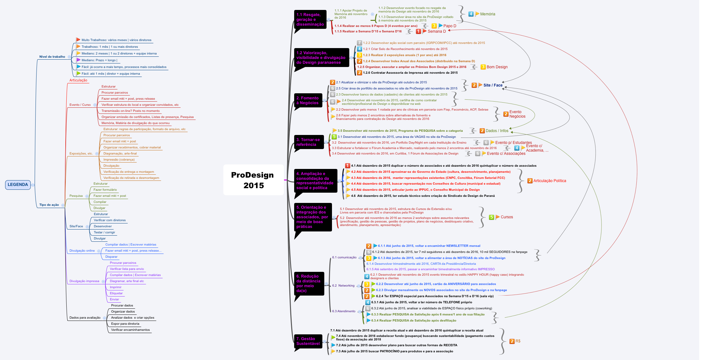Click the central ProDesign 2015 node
click(x=253, y=180)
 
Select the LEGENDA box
click(x=18, y=185)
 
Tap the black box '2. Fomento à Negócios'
click(x=308, y=100)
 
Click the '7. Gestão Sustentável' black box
click(x=308, y=341)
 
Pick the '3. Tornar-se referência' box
click(x=308, y=142)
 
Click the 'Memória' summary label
click(x=487, y=14)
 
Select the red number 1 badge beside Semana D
click(x=418, y=31)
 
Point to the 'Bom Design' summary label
click(x=497, y=67)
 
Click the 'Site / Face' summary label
click(x=493, y=85)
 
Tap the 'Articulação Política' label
click(x=550, y=181)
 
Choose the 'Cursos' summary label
click(x=507, y=217)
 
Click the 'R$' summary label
click(x=518, y=341)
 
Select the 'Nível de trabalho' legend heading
click(x=52, y=57)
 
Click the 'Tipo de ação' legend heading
click(x=49, y=205)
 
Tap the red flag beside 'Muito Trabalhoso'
click(x=78, y=40)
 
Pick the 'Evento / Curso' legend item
click(x=80, y=105)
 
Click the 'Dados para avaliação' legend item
click(x=85, y=318)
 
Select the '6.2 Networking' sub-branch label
click(x=343, y=286)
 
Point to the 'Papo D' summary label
click(x=450, y=26)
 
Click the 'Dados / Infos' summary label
click(x=497, y=131)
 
